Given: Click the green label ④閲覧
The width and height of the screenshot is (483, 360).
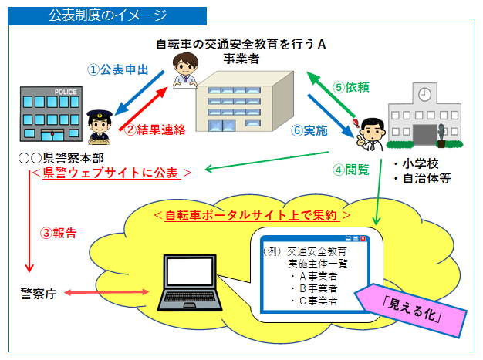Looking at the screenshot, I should tap(351, 169).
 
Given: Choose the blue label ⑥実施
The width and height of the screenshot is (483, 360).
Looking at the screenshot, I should tap(309, 130).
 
